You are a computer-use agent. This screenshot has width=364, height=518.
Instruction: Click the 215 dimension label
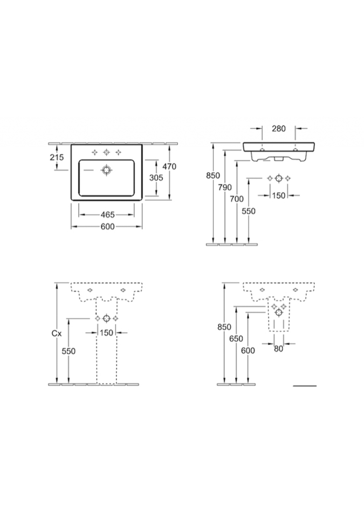(x=57, y=157)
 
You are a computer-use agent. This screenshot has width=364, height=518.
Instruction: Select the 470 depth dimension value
(x=169, y=167)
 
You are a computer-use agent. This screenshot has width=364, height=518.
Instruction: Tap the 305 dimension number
(x=156, y=178)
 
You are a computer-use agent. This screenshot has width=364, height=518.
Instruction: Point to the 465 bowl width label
(x=108, y=215)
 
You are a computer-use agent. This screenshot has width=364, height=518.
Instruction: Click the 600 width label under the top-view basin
(x=108, y=227)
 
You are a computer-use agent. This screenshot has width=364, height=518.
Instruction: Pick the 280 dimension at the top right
(x=279, y=128)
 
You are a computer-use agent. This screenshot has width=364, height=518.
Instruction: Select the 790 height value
(x=225, y=187)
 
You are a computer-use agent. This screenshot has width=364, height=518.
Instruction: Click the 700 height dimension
(x=237, y=199)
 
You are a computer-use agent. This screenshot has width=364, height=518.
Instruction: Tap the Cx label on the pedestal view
(x=57, y=333)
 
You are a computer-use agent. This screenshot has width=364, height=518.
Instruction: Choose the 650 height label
(x=236, y=339)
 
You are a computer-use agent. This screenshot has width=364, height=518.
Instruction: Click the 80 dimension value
(x=279, y=349)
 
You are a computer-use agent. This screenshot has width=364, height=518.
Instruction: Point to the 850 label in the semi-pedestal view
(x=224, y=327)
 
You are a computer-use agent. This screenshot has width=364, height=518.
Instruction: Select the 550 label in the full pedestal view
(x=68, y=351)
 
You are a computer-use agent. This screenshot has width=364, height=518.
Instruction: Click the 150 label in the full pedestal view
(x=106, y=333)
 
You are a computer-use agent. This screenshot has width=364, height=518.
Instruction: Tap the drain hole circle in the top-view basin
(x=106, y=170)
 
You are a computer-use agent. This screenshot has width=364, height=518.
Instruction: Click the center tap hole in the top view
(x=106, y=152)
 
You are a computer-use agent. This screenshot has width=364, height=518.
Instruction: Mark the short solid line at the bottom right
(x=305, y=385)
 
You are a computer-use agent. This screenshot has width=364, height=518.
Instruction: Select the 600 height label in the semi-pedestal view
(x=248, y=350)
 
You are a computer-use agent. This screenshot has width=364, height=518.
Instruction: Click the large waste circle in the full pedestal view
(x=106, y=318)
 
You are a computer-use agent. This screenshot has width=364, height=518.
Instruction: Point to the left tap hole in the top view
(x=94, y=152)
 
